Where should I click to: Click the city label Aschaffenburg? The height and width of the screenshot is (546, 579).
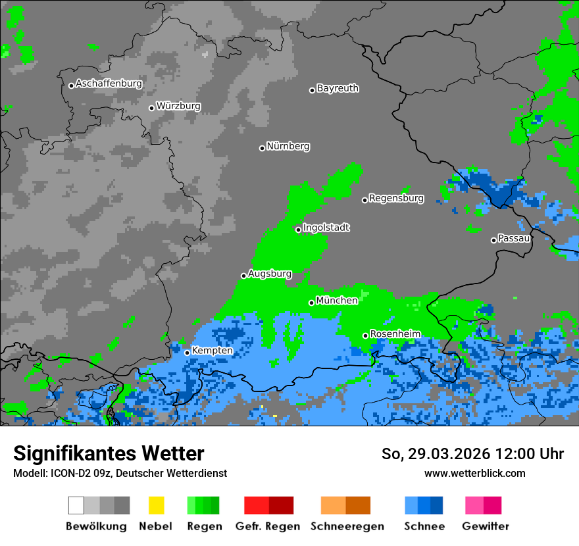109,84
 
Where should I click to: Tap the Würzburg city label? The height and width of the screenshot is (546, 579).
178,106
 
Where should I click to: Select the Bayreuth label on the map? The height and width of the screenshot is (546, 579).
338,88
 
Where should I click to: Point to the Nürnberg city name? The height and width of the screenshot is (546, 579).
288,146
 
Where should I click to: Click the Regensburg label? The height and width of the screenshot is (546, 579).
396,198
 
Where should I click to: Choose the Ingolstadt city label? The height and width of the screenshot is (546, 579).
326,228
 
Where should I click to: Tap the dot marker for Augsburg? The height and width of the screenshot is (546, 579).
243,276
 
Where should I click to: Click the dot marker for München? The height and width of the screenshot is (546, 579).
312,303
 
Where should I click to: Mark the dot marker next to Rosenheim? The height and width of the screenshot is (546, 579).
366,335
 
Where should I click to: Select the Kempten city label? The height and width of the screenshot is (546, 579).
212,351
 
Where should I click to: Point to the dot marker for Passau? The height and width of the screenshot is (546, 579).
493,240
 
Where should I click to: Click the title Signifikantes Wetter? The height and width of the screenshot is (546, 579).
109,454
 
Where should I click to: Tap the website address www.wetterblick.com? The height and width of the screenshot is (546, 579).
474,473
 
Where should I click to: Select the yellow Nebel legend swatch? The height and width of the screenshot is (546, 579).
156,505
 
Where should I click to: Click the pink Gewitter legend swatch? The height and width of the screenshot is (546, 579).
474,505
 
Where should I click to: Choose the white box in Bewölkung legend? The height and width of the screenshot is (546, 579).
76,505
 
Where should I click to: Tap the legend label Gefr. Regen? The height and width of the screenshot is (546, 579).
268,526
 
